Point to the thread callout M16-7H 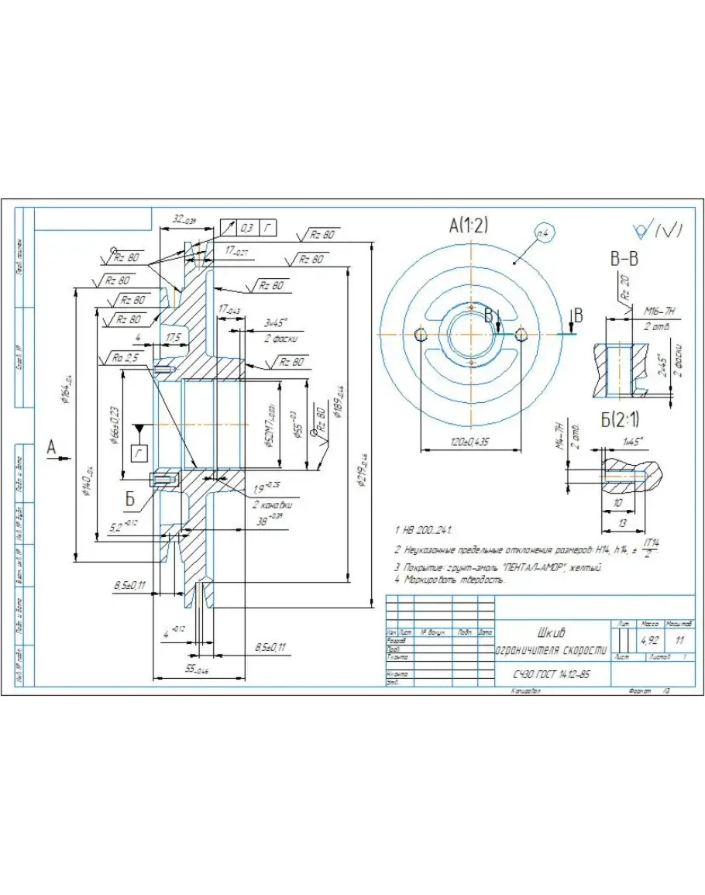(x=660, y=312)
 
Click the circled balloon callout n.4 (x=545, y=232)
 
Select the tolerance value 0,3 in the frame (x=247, y=228)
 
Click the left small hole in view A (x=421, y=334)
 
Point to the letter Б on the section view (x=131, y=499)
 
